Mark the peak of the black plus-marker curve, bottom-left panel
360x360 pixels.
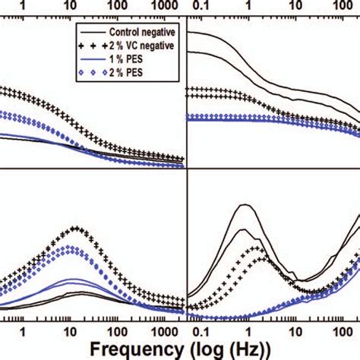(x=74, y=228)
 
